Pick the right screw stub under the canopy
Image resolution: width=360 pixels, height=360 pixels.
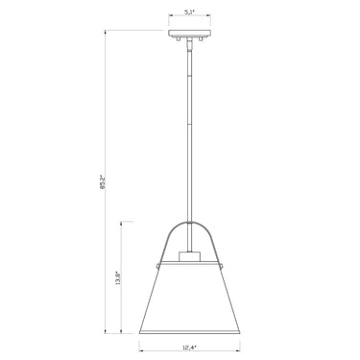coord(200,40)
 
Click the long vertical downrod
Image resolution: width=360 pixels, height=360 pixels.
coord(187,134)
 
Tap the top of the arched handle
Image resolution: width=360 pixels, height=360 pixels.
coord(187,225)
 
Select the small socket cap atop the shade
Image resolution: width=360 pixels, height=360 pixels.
coord(187,257)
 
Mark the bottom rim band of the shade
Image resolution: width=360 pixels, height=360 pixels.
coord(187,327)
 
